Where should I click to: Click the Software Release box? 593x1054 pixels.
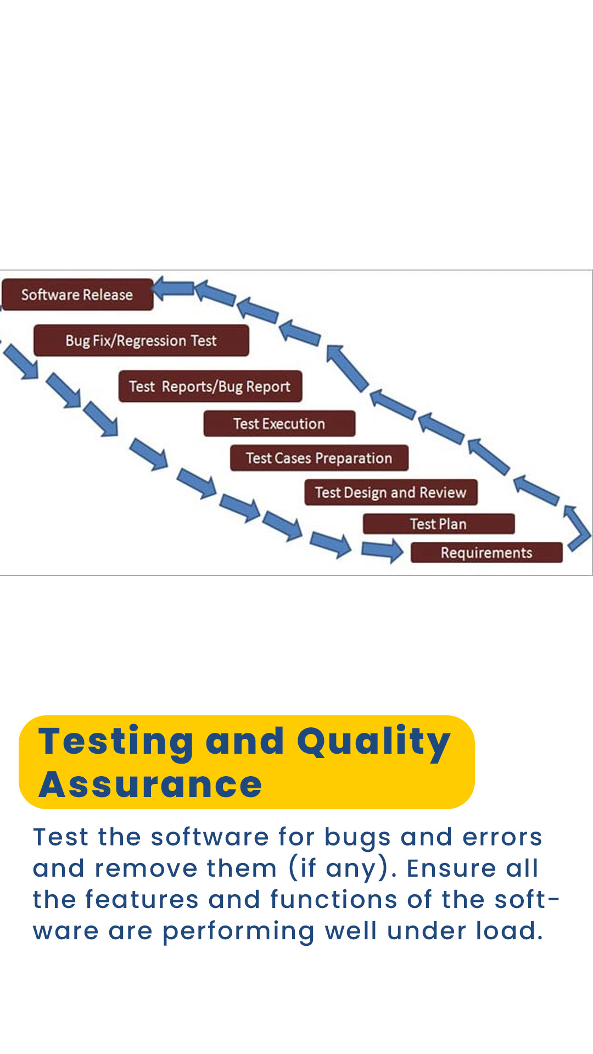click(x=77, y=295)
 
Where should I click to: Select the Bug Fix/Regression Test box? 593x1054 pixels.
click(x=141, y=340)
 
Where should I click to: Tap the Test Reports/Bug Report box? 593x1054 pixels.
click(x=210, y=386)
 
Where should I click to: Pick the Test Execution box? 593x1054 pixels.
click(x=279, y=424)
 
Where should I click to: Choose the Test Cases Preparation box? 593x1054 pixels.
click(x=319, y=458)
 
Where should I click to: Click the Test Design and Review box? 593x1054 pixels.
click(x=391, y=492)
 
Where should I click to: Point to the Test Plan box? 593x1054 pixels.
click(x=439, y=524)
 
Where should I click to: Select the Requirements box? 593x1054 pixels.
click(x=486, y=552)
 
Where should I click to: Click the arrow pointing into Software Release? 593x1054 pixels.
click(x=173, y=288)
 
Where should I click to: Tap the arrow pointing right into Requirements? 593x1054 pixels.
click(x=382, y=550)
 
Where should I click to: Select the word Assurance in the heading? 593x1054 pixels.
click(x=150, y=785)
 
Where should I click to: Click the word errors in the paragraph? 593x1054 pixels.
click(x=502, y=838)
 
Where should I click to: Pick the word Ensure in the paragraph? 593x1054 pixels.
click(x=451, y=868)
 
